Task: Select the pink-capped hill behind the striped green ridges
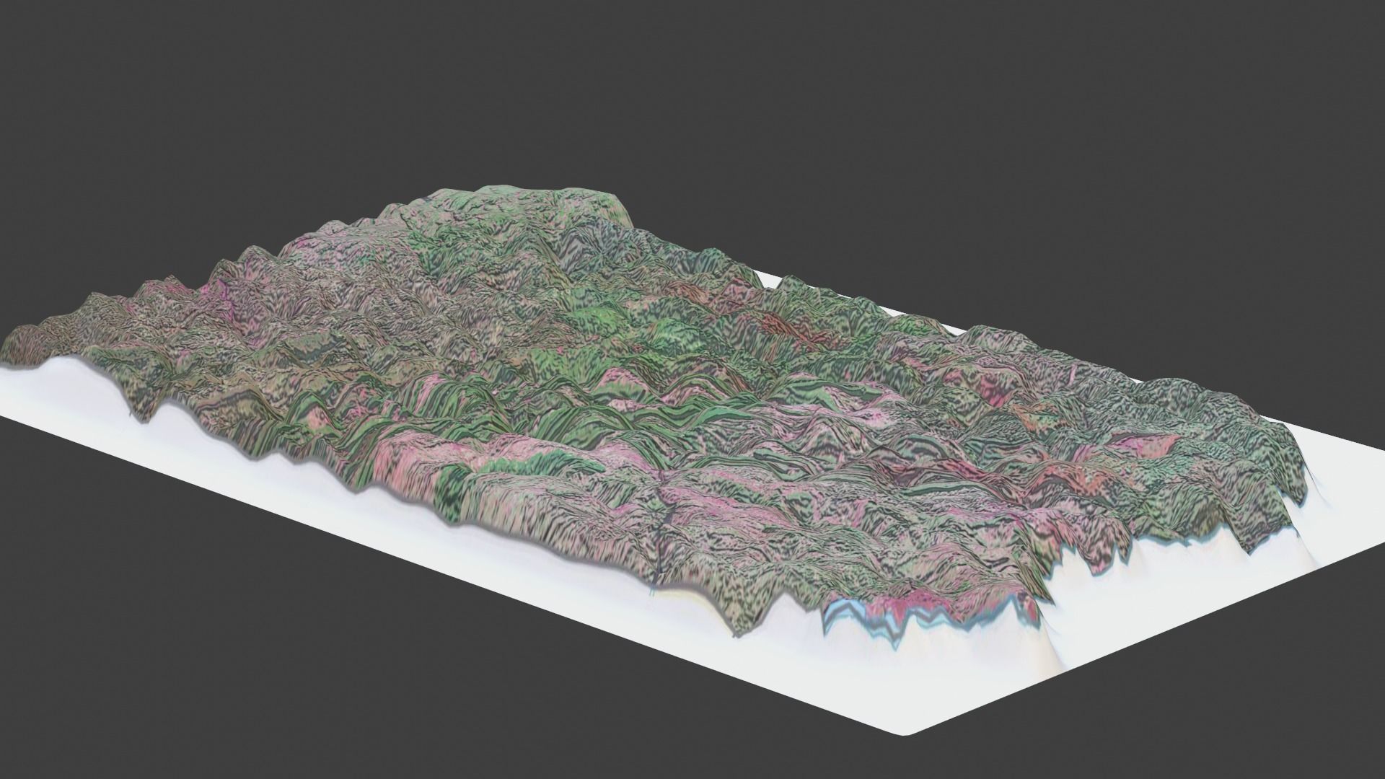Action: [x=620, y=379]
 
